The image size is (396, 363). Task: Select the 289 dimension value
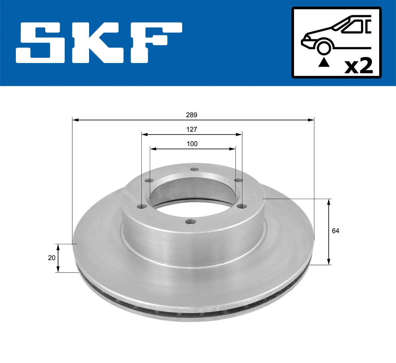click(x=191, y=115)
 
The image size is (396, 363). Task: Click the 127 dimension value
click(x=191, y=129)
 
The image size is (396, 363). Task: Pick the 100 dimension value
click(x=192, y=144)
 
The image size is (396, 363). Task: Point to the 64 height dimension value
click(x=335, y=231)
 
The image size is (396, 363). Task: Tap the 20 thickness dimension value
click(x=51, y=258)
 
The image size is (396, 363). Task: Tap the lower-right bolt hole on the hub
click(x=243, y=206)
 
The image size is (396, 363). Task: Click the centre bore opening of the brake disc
click(x=192, y=193)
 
